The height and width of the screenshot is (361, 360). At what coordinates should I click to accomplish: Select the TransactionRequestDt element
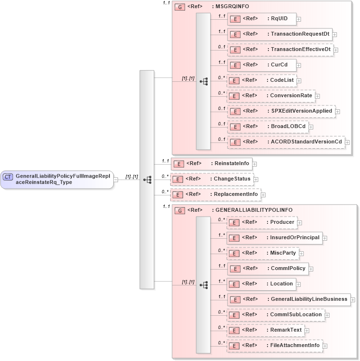click(x=280, y=34)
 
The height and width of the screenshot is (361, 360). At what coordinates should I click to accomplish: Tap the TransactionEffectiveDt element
click(x=280, y=50)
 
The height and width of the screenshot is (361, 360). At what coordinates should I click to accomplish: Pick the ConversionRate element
click(x=271, y=96)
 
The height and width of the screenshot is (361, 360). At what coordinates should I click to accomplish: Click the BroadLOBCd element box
click(x=267, y=127)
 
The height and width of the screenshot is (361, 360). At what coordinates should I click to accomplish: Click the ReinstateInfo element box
click(x=212, y=164)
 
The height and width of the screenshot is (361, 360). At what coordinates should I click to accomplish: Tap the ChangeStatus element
click(x=212, y=179)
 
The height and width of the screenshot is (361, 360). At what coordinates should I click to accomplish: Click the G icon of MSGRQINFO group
click(x=180, y=7)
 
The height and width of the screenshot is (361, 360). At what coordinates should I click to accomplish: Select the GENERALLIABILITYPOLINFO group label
click(x=253, y=210)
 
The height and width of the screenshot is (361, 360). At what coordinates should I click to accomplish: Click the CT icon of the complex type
click(x=8, y=177)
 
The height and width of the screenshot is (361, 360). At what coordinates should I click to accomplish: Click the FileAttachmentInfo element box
click(x=274, y=346)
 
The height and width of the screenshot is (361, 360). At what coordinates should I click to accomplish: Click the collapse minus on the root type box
click(x=116, y=180)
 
